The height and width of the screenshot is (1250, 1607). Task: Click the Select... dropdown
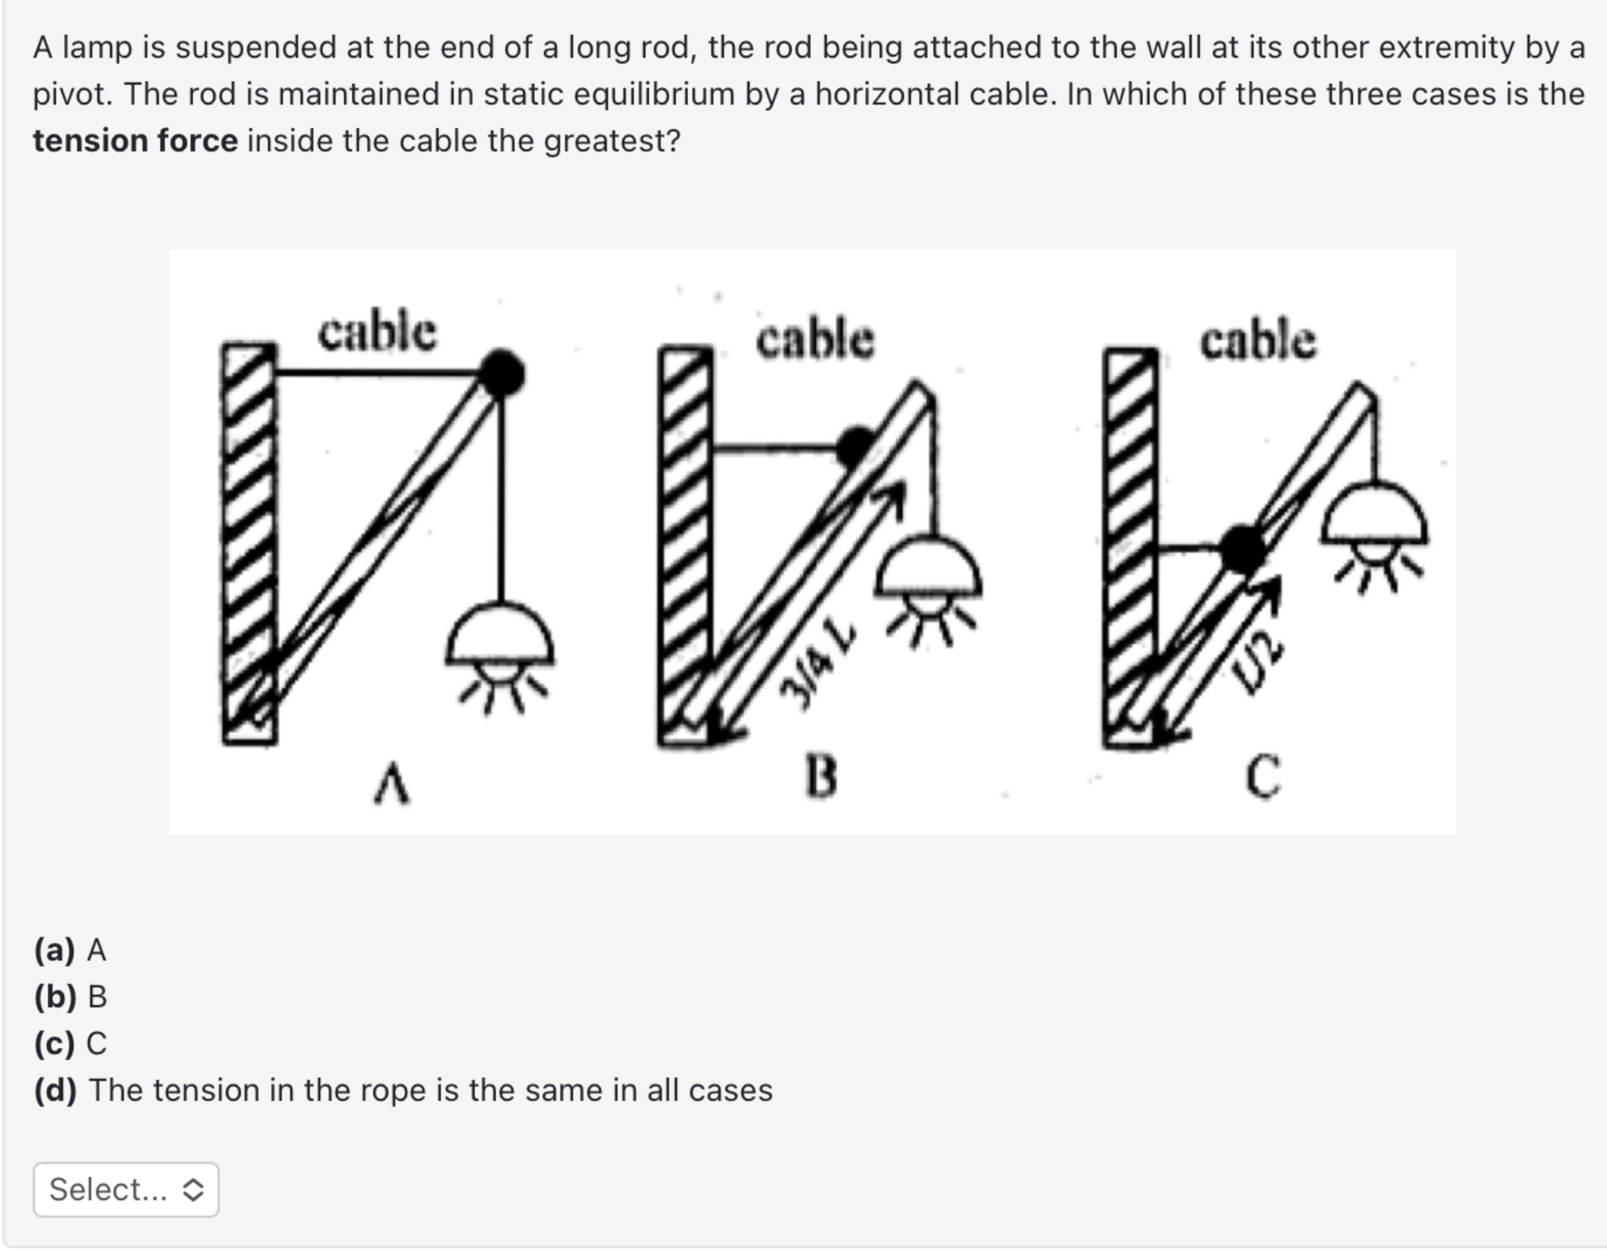click(126, 1190)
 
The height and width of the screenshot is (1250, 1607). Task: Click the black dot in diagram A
click(502, 373)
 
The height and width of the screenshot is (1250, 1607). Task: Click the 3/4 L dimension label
click(817, 666)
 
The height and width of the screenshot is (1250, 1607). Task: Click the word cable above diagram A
click(377, 333)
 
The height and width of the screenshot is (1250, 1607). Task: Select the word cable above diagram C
click(1258, 341)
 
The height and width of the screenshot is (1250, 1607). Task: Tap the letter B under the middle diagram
click(821, 777)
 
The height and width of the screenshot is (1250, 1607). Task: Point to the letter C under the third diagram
click(1263, 777)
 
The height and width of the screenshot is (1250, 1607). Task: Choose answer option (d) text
click(430, 1090)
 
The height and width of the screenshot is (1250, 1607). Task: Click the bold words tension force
click(136, 140)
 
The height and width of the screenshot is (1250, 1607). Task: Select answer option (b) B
click(71, 996)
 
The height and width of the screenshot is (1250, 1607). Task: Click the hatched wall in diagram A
click(250, 544)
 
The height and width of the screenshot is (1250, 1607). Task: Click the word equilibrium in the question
click(653, 94)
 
